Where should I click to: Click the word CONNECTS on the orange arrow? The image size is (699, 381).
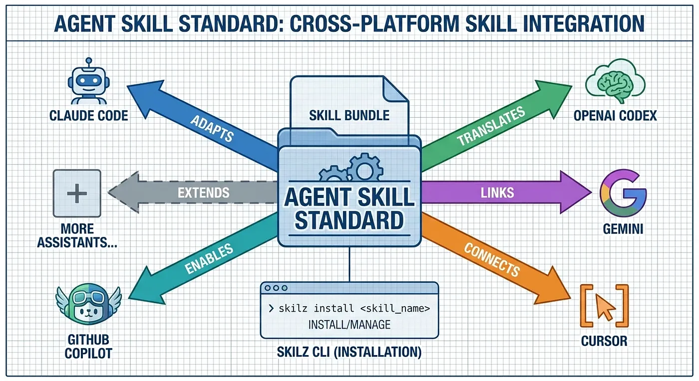pos(492,259)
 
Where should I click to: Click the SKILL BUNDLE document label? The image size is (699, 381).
pos(349,116)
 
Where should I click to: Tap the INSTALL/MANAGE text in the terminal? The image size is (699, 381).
pos(349,325)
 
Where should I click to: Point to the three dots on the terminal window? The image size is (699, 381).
pos(277,288)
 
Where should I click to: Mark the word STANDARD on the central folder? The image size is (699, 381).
pos(349,220)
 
